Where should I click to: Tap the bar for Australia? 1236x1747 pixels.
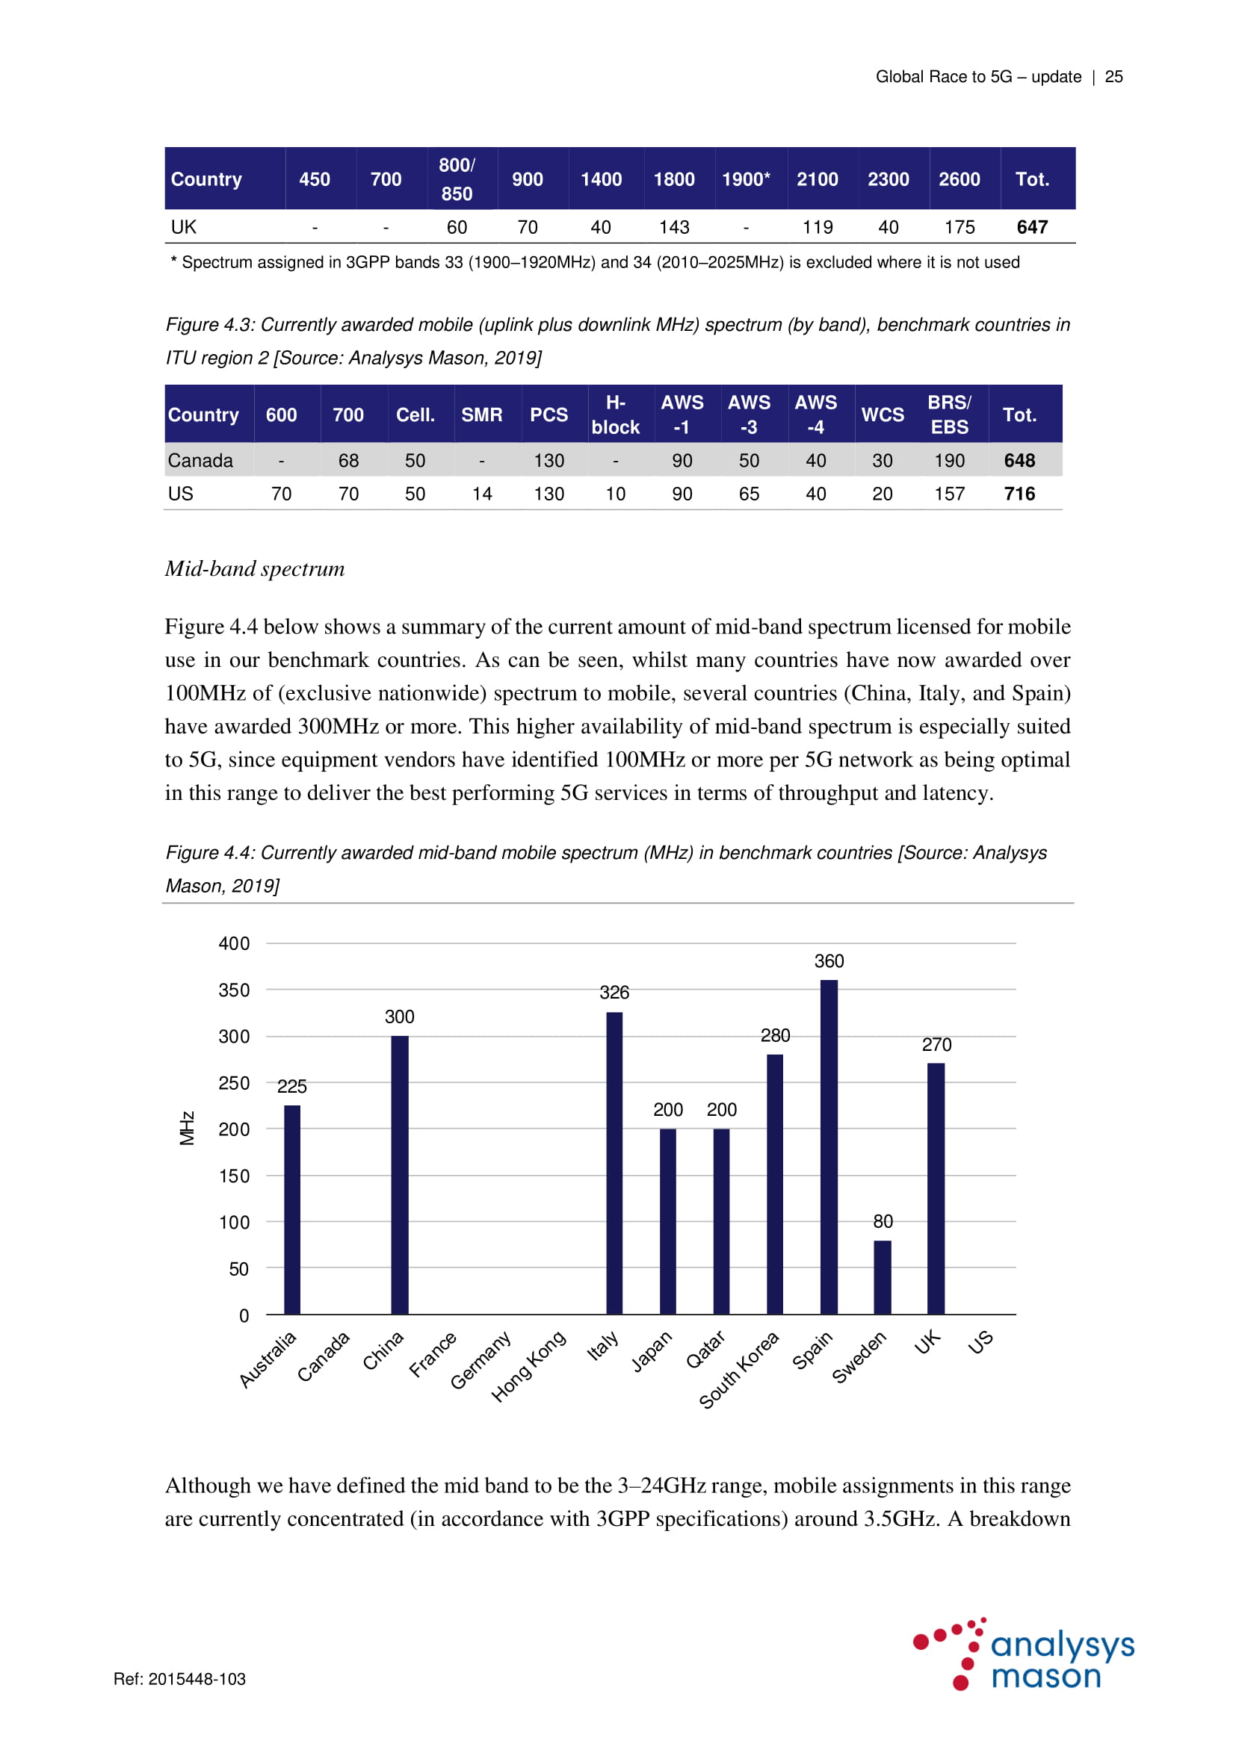click(x=292, y=1209)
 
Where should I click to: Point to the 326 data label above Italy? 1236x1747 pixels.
click(x=614, y=992)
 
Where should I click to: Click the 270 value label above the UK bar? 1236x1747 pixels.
click(x=936, y=1045)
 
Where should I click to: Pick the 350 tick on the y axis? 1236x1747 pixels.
click(x=234, y=990)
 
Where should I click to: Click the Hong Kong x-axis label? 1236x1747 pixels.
click(x=529, y=1366)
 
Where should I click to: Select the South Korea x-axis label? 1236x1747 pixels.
click(x=739, y=1370)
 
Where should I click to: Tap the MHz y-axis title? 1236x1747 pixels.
click(x=188, y=1128)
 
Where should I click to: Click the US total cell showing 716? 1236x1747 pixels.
click(x=1019, y=494)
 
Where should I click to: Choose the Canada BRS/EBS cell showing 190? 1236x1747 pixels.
click(x=949, y=460)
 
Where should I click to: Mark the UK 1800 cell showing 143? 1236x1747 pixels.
click(x=673, y=227)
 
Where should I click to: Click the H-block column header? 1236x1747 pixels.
click(x=615, y=415)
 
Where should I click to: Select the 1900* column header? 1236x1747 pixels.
click(x=746, y=179)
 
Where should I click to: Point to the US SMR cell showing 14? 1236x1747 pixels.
click(x=482, y=494)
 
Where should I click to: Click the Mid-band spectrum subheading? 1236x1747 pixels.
click(x=255, y=568)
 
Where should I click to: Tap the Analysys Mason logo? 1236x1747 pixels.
click(x=1025, y=1654)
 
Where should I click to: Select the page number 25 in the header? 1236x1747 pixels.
click(x=1113, y=77)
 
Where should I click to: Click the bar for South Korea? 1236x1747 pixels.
click(x=775, y=1183)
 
